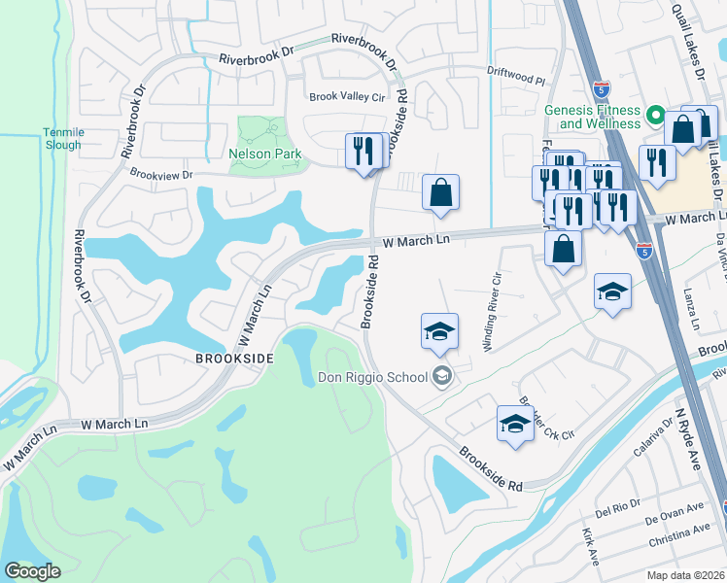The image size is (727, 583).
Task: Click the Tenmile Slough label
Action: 62,138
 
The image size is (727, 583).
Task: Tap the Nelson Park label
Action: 264,154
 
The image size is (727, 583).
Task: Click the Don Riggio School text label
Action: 374,377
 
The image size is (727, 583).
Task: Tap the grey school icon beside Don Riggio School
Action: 443,376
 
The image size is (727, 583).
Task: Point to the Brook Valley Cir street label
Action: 347,97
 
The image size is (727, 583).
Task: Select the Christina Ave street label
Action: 679,532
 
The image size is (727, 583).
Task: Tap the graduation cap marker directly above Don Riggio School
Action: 439,330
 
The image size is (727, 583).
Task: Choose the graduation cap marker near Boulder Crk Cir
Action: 515,423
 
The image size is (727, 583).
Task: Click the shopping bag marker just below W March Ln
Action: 563,249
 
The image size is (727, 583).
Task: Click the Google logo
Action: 32,571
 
